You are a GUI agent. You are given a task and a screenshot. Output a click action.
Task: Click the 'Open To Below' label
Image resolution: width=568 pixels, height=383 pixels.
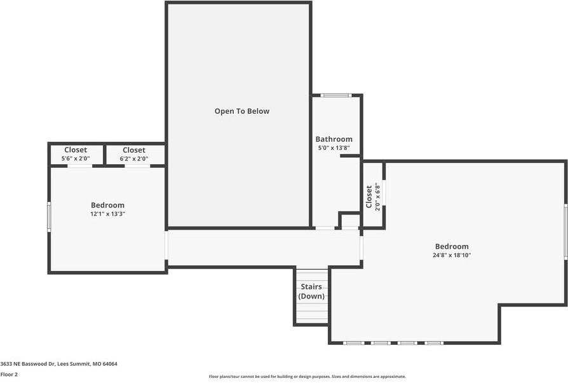(242, 111)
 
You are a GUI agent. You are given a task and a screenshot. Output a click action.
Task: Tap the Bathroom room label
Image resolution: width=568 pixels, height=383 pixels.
(334, 139)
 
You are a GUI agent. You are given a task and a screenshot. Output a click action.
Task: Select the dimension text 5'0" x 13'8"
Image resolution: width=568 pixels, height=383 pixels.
(334, 148)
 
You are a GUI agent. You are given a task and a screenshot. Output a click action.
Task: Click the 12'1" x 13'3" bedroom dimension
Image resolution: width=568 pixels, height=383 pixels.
(107, 214)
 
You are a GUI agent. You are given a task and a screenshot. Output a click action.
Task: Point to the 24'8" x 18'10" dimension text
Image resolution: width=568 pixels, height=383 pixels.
(452, 255)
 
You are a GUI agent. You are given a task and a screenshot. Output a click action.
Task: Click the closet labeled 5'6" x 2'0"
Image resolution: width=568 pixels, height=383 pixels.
(76, 154)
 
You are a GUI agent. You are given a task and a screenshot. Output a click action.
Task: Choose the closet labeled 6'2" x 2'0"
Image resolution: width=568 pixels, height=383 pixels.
(134, 154)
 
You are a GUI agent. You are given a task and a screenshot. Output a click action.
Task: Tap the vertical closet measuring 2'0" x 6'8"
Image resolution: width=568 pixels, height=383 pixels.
(374, 197)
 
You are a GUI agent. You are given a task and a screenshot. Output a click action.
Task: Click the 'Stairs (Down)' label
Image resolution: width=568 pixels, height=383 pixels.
(311, 291)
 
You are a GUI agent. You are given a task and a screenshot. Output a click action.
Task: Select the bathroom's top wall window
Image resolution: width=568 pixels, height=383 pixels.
(336, 95)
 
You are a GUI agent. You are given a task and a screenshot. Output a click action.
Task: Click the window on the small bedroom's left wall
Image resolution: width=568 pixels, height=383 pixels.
(49, 217)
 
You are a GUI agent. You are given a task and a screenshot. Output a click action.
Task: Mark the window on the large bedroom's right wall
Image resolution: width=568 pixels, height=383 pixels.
(566, 232)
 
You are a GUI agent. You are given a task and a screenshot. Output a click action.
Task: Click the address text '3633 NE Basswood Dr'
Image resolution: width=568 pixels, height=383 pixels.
(27, 364)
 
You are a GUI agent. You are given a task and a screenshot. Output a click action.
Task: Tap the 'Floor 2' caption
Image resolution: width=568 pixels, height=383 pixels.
(9, 374)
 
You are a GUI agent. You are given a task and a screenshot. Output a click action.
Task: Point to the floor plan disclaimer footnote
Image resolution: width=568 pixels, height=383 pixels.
(307, 377)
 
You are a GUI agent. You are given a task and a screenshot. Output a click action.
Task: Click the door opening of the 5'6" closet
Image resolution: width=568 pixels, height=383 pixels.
(79, 166)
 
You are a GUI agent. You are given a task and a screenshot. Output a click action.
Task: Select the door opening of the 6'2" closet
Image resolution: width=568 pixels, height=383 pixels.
(138, 166)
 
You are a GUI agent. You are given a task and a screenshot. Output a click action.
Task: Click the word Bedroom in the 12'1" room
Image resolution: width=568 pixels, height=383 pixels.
(107, 205)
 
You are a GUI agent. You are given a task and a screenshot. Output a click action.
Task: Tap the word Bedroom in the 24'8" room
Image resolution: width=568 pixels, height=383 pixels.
(452, 246)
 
